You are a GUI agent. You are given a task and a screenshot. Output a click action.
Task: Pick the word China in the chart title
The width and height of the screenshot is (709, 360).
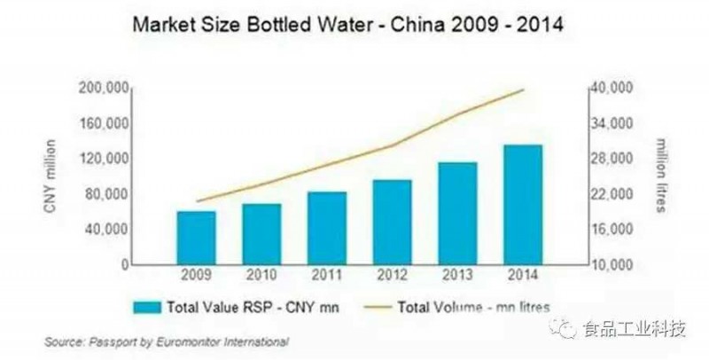click(417, 26)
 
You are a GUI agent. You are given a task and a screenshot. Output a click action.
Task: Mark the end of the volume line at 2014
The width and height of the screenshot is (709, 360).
click(524, 90)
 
